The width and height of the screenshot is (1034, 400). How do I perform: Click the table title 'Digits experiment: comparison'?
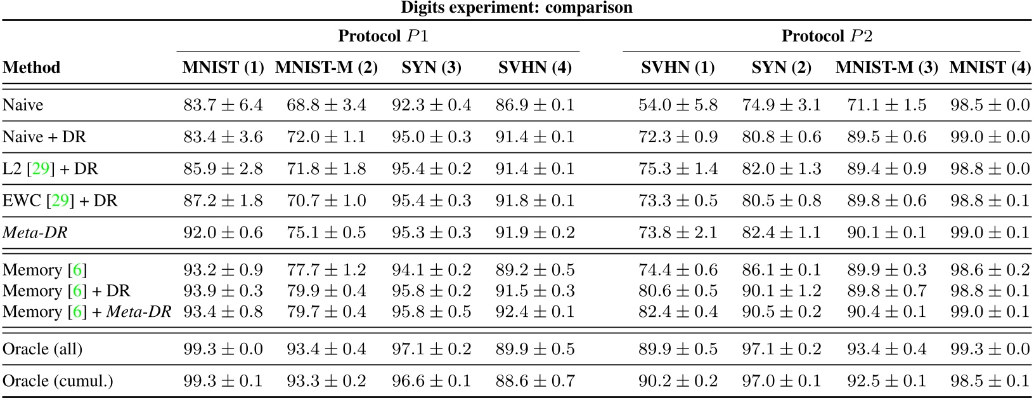click(517, 8)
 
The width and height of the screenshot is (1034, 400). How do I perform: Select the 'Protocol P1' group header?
click(383, 36)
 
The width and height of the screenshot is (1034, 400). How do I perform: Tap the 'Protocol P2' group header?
click(826, 36)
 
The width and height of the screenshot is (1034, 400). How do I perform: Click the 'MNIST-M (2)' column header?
click(326, 68)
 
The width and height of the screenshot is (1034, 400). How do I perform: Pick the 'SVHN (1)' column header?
click(678, 68)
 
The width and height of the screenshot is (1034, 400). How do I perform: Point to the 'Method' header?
click(32, 68)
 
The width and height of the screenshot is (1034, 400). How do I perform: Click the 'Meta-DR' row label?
click(35, 233)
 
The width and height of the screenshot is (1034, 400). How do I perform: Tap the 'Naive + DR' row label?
click(44, 137)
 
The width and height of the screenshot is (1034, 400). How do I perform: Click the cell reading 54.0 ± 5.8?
click(678, 105)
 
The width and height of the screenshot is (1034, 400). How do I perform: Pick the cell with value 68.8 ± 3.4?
click(326, 105)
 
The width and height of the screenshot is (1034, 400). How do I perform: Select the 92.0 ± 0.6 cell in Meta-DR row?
click(223, 233)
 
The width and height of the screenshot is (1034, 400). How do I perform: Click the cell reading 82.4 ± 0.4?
click(678, 312)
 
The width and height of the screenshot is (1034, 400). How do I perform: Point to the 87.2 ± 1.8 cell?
click(223, 201)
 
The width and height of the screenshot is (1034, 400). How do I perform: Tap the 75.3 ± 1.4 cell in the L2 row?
click(678, 169)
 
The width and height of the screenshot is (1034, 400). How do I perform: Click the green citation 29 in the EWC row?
click(60, 201)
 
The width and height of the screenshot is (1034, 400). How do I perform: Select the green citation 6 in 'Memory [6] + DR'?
click(77, 291)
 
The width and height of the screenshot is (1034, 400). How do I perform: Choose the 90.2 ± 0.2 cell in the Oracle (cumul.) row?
click(678, 381)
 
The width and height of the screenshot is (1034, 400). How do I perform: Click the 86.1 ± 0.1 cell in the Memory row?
click(781, 270)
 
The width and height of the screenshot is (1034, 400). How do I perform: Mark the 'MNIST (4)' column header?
click(989, 68)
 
